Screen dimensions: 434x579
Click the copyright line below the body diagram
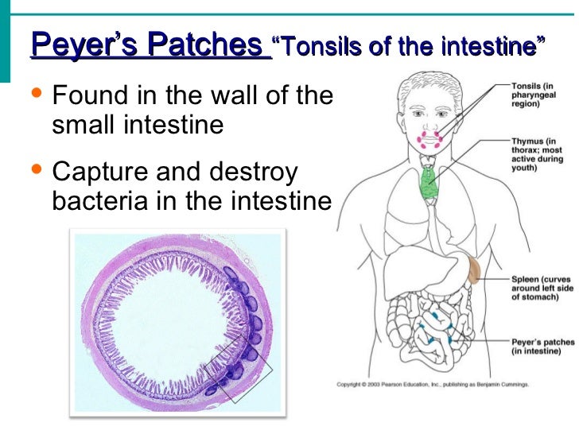[432, 384]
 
